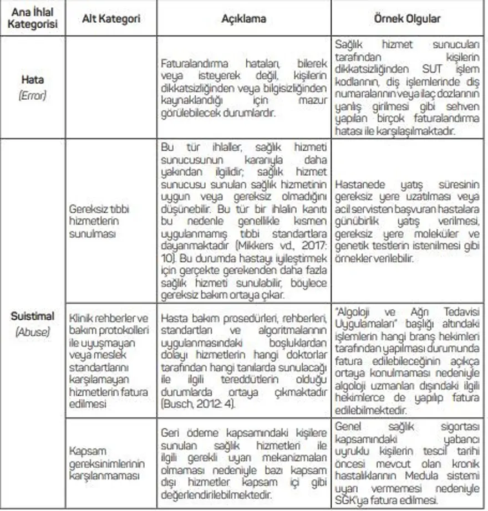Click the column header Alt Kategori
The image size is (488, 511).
pyautogui.click(x=111, y=19)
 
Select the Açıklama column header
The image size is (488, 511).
pyautogui.click(x=244, y=19)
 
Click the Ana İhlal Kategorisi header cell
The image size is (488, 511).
pyautogui.click(x=32, y=19)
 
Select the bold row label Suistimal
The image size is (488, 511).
pyautogui.click(x=32, y=316)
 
